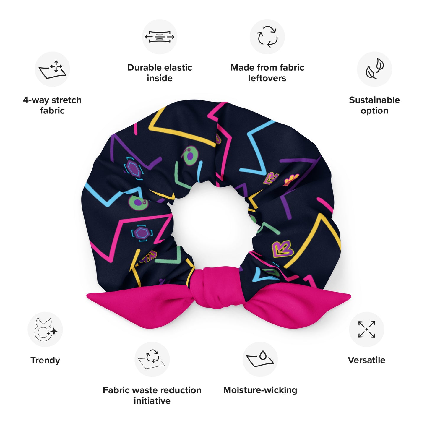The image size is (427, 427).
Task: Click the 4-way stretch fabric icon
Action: tap(53, 69)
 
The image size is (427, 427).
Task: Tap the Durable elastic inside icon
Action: tap(160, 37)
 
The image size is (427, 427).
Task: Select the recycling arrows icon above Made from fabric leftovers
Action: tap(267, 37)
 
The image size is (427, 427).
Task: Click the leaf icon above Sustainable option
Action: tap(374, 69)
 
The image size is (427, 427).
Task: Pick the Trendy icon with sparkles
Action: tap(45, 329)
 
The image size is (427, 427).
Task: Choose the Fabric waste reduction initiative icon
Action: tap(152, 359)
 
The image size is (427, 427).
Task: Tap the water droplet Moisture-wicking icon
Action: tap(260, 359)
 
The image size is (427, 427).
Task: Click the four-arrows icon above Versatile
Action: tap(366, 329)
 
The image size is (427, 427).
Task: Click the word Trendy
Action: tap(45, 360)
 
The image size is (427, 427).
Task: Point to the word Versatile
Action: tap(366, 360)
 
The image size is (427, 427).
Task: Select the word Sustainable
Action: tap(374, 100)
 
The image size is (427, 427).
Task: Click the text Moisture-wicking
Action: tap(260, 390)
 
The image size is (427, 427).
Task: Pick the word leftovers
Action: tap(267, 78)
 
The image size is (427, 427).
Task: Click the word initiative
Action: tap(152, 401)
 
